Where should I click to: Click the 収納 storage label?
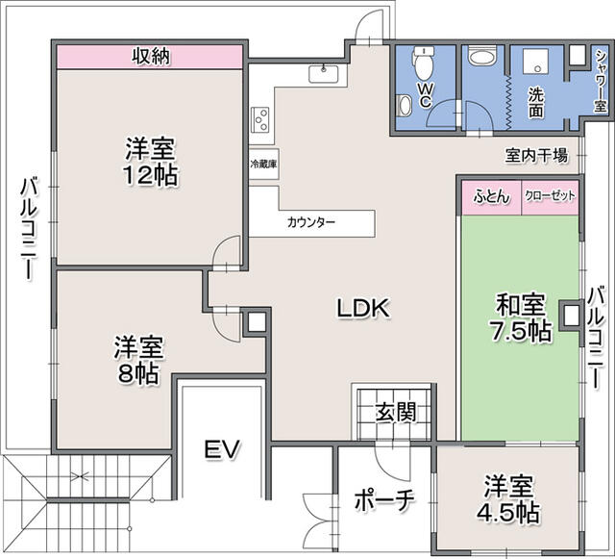tap(151, 57)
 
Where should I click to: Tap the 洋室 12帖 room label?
tap(151, 162)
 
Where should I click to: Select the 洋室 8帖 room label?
tap(138, 360)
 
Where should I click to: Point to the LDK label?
tap(363, 309)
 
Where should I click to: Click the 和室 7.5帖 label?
tap(521, 318)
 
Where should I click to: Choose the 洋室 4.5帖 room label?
tap(508, 499)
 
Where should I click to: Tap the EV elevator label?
tap(222, 449)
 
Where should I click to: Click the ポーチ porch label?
tap(384, 499)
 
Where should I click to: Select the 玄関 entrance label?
tap(396, 412)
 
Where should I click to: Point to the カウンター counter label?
tap(311, 223)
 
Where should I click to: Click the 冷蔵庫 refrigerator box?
tap(264, 164)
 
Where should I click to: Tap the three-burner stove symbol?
tap(260, 119)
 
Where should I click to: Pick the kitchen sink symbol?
tap(323, 74)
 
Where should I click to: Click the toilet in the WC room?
tap(423, 64)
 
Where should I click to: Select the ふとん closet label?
tap(492, 196)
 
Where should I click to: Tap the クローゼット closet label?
tap(550, 195)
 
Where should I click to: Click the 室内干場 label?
tap(536, 156)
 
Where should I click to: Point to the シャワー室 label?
tap(600, 82)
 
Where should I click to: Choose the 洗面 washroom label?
tap(536, 103)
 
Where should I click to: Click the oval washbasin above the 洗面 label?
tap(482, 58)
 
